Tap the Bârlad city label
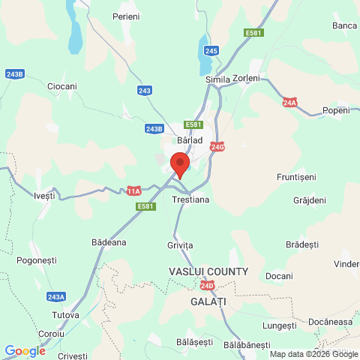(190, 139)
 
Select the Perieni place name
(126, 16)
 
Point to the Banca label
(344, 25)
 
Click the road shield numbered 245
(211, 50)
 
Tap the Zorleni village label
(246, 78)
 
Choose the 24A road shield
(290, 102)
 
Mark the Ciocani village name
(62, 86)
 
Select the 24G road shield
(217, 146)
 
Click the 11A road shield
(133, 190)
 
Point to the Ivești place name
(45, 196)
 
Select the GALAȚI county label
(208, 301)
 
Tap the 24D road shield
(208, 286)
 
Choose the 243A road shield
(55, 296)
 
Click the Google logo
(25, 350)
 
